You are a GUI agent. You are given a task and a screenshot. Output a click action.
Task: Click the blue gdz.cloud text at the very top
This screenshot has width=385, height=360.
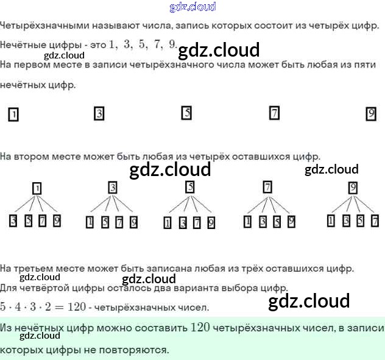(192, 7)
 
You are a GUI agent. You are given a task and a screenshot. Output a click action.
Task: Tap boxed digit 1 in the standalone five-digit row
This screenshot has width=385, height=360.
(13, 114)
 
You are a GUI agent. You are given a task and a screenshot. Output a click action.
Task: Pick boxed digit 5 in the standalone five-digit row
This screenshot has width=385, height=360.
(186, 113)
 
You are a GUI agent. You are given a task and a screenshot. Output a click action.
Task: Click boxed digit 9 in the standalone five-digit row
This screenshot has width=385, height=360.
(371, 113)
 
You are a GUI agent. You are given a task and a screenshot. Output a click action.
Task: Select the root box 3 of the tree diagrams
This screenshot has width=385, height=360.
(112, 188)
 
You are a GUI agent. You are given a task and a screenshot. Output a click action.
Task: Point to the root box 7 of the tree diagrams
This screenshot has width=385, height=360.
(267, 188)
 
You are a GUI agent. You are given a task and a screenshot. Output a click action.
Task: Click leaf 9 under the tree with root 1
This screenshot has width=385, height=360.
(57, 221)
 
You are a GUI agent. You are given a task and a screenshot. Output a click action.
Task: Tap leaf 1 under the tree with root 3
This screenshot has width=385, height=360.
(90, 222)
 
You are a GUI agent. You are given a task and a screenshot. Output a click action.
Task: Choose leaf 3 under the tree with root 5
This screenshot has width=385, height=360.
(182, 223)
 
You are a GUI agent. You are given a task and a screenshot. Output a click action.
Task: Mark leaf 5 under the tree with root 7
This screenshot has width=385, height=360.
(277, 222)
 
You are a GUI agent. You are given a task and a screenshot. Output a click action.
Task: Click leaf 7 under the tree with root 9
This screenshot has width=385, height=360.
(375, 221)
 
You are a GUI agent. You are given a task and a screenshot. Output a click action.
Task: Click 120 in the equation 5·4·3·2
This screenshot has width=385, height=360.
(77, 306)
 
